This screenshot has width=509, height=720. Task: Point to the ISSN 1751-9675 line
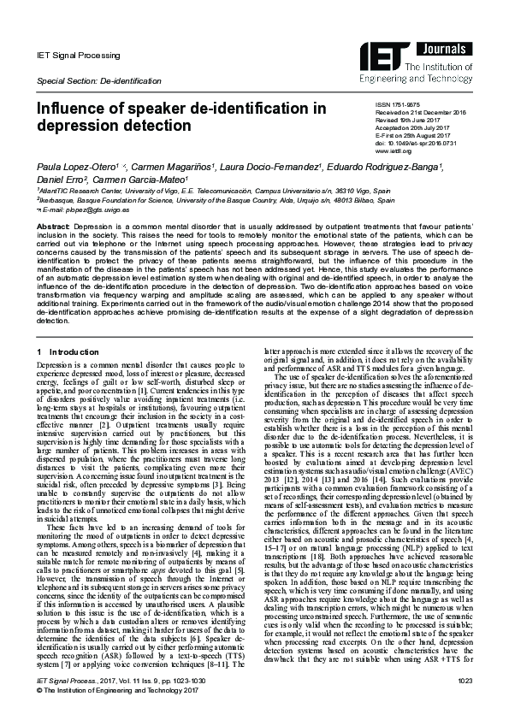pyautogui.click(x=398, y=103)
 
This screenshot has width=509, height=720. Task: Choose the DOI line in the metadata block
pyautogui.click(x=416, y=143)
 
